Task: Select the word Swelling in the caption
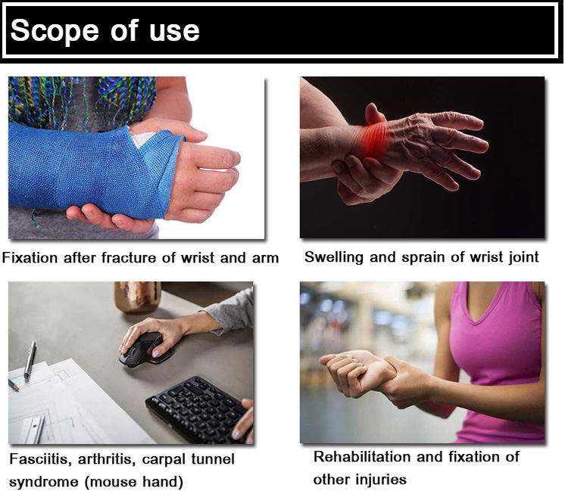(x=334, y=258)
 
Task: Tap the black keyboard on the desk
(x=198, y=409)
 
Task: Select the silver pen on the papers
(x=30, y=360)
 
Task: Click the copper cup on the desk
(x=138, y=297)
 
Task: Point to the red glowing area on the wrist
(x=373, y=139)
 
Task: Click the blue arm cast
(x=94, y=170)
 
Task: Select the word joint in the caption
(x=523, y=258)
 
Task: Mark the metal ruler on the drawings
(x=33, y=430)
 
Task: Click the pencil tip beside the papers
(x=17, y=390)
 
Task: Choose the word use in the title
(x=174, y=32)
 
